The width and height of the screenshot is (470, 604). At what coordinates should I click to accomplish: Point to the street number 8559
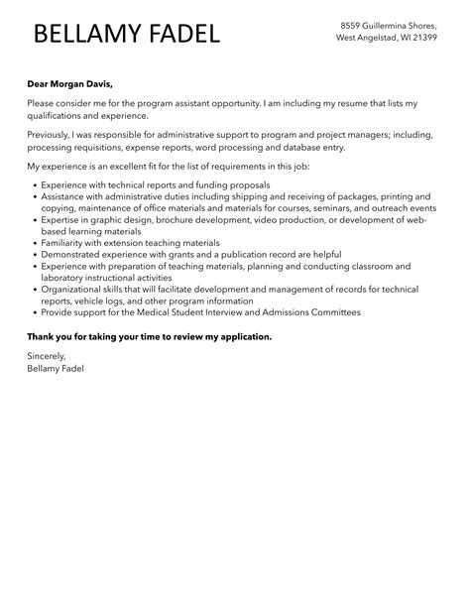click(352, 24)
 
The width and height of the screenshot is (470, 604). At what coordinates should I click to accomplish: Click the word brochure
click(188, 219)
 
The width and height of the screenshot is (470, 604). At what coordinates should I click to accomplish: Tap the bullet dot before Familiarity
click(35, 242)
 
